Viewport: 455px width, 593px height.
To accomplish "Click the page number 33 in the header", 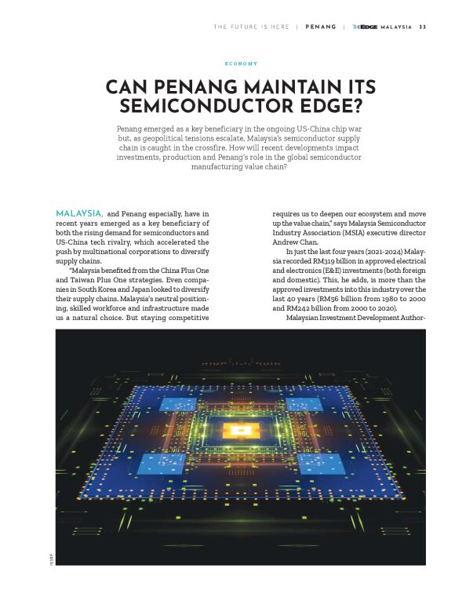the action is click(x=423, y=27).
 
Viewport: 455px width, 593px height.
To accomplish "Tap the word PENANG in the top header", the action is click(x=321, y=27).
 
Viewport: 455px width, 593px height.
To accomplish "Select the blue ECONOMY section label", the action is click(x=241, y=64).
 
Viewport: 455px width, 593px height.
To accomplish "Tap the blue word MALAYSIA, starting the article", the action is click(x=79, y=213).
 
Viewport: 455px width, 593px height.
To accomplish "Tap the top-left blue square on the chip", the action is click(x=178, y=404).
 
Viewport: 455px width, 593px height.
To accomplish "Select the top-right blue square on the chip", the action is click(x=304, y=404).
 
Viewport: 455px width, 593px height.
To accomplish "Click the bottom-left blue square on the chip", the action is click(x=162, y=464).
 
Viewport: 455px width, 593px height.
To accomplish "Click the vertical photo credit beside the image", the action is click(x=50, y=558).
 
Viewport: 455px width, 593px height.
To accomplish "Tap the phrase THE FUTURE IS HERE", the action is click(x=251, y=27).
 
